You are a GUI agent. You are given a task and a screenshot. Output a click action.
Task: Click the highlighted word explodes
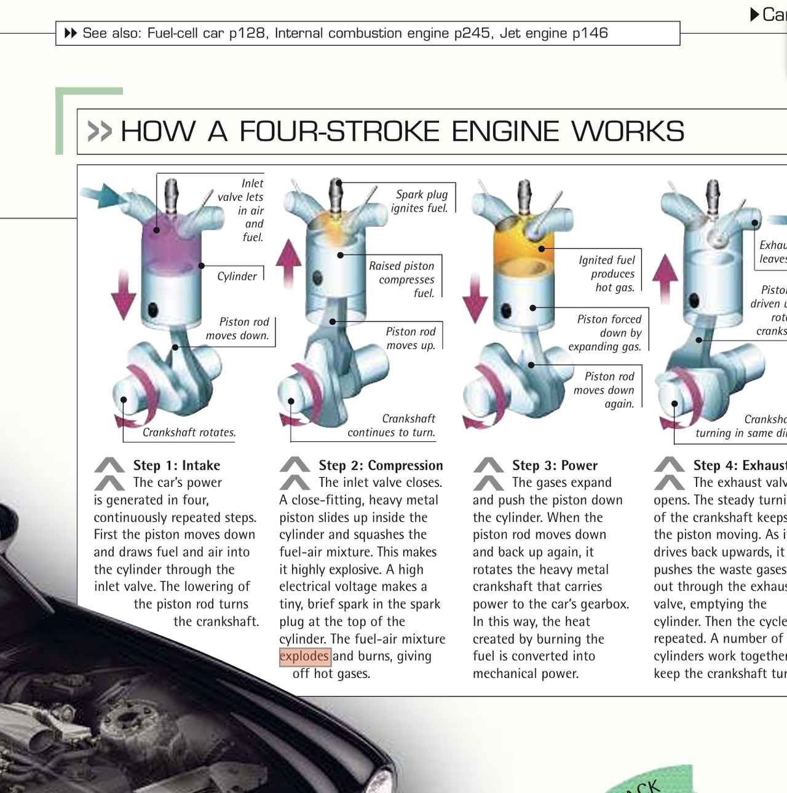(304, 657)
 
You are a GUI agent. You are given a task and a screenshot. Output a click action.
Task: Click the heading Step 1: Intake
(176, 465)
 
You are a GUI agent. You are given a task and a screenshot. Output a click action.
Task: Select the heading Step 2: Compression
(381, 465)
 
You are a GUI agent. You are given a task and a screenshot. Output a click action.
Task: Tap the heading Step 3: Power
(555, 465)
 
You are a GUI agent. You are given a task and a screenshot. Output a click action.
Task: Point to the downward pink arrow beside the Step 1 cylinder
(124, 294)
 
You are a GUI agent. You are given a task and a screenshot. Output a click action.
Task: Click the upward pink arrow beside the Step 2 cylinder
(288, 263)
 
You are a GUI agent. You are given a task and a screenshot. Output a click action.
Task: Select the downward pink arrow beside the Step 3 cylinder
(475, 299)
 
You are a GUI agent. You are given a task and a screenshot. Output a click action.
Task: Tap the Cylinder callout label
(237, 277)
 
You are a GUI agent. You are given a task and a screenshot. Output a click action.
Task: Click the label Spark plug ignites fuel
(421, 201)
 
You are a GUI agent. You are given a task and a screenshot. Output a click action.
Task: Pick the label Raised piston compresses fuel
(403, 279)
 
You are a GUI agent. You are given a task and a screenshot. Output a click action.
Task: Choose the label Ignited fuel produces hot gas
(608, 274)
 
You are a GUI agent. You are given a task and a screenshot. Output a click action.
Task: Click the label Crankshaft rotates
(189, 433)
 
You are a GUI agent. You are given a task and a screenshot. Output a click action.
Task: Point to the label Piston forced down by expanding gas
(606, 333)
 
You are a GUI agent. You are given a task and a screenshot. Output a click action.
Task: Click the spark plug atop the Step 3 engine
(524, 195)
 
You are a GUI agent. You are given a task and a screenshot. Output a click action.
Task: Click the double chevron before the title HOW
(100, 132)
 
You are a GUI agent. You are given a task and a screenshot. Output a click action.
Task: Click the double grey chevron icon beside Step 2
(295, 473)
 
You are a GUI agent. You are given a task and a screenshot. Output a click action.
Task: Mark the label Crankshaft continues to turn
(392, 425)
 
